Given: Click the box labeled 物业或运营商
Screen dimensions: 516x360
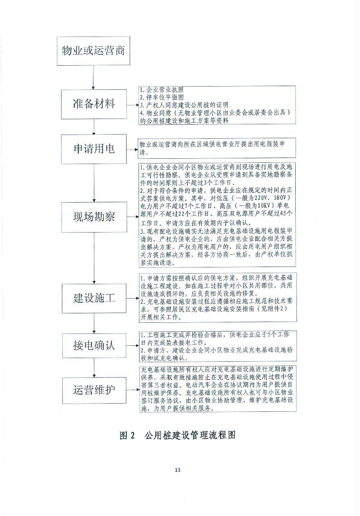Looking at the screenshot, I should tap(93, 51).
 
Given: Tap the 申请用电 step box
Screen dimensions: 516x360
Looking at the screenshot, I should tap(93, 148).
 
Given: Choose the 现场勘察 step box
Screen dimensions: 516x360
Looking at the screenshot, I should tap(93, 216).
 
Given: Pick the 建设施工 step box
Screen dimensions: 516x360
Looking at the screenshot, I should tap(93, 298).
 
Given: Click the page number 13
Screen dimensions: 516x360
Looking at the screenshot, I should tap(178, 470).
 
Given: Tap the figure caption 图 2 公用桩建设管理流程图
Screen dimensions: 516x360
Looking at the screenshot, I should tap(178, 435).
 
